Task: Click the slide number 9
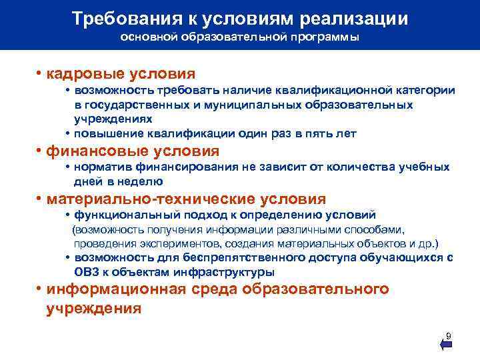point(448,335)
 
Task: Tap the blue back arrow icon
point(447,345)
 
